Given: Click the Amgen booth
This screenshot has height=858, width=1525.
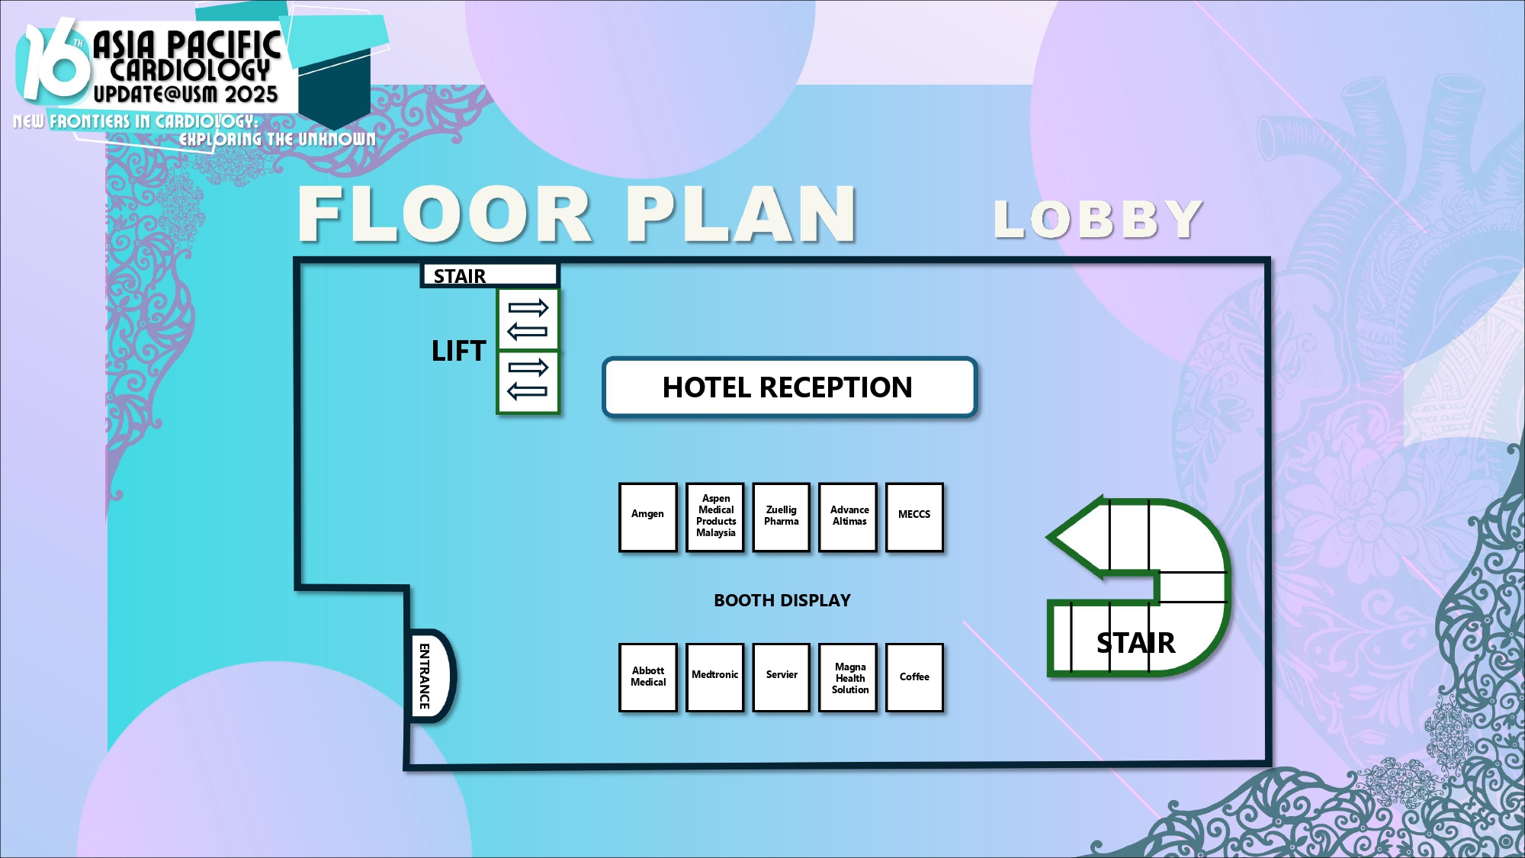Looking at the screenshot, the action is [647, 516].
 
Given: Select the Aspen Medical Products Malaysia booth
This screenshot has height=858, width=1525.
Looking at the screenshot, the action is [714, 516].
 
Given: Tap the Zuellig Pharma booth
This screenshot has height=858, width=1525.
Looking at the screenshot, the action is [781, 516].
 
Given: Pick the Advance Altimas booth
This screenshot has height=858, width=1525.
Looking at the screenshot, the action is [848, 516].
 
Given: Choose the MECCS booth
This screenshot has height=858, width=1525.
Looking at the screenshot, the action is [914, 516].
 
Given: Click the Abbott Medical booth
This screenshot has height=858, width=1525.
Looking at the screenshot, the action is [647, 677].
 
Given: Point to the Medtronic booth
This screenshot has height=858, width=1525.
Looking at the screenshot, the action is [714, 677].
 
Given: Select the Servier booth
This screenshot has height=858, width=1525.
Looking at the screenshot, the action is [781, 677].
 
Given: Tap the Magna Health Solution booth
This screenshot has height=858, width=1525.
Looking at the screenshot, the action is [848, 677].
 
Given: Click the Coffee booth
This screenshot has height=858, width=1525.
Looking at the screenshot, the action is [914, 677].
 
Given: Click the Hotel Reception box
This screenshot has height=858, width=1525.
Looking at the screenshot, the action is [789, 387].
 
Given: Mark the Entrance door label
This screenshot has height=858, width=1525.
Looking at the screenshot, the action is [425, 676].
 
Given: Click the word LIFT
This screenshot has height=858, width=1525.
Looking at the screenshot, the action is [458, 351].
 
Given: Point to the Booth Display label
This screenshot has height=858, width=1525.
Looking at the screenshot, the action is [782, 600].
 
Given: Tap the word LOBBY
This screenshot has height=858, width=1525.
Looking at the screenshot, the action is [1098, 220].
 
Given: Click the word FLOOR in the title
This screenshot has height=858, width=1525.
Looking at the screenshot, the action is [445, 214].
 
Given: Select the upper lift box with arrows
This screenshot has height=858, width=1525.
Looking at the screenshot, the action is [528, 320].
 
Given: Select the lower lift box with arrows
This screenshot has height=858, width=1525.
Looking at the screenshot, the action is [528, 382].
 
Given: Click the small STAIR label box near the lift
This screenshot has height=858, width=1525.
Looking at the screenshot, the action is [490, 275].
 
